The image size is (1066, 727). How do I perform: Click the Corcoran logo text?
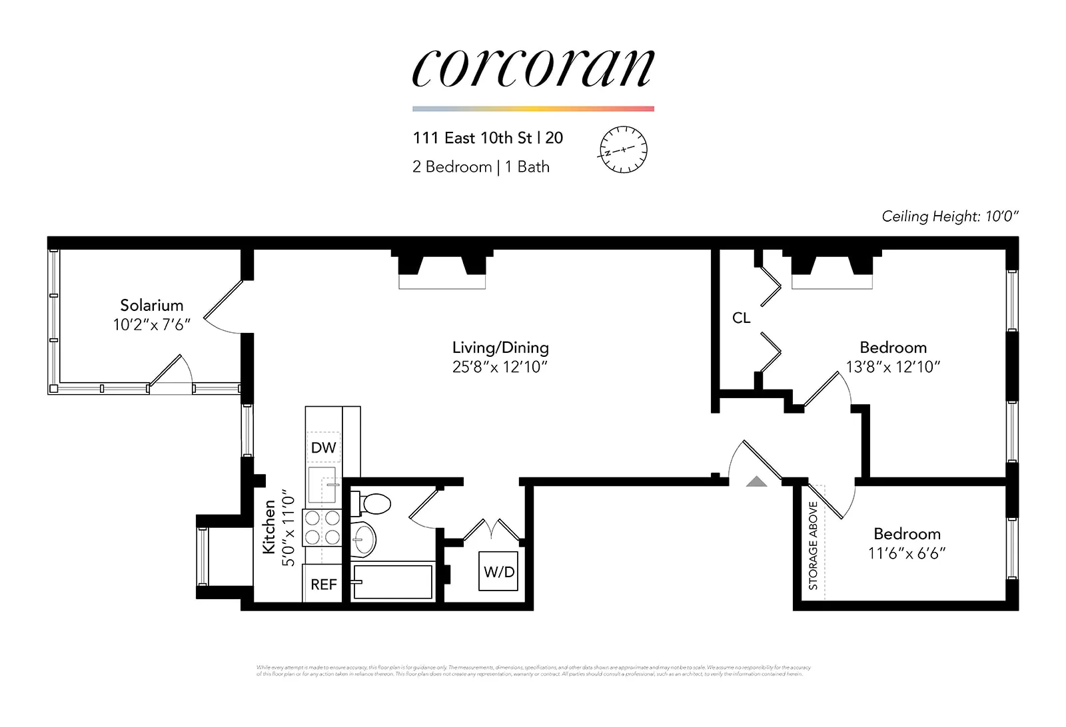coord(533,68)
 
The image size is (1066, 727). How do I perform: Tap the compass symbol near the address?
coord(623,150)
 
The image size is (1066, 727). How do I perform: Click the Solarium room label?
coord(152,306)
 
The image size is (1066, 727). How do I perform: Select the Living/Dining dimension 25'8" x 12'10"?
coord(500,367)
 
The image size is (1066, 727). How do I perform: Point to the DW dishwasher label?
coord(324,447)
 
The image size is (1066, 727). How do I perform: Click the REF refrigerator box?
coord(323,584)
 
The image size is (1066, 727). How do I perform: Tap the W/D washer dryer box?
coord(498,571)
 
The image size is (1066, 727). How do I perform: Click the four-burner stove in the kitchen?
coord(322,527)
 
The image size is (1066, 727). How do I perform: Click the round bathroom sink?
coord(364,540)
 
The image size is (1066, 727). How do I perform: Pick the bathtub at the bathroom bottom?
coord(393,582)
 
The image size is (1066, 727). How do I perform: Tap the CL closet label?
coord(741,318)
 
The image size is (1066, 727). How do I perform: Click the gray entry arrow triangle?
coord(756,481)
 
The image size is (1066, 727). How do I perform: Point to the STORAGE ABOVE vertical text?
coord(813,545)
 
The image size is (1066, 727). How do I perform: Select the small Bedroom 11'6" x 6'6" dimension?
coord(907,553)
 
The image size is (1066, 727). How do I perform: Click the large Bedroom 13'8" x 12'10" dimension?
coord(893,367)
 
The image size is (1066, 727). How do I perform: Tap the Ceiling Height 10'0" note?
coord(950,216)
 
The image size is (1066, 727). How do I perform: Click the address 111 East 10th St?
coord(472,138)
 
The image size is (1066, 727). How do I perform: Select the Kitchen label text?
coord(269,527)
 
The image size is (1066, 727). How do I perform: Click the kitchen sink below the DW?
coord(323,485)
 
